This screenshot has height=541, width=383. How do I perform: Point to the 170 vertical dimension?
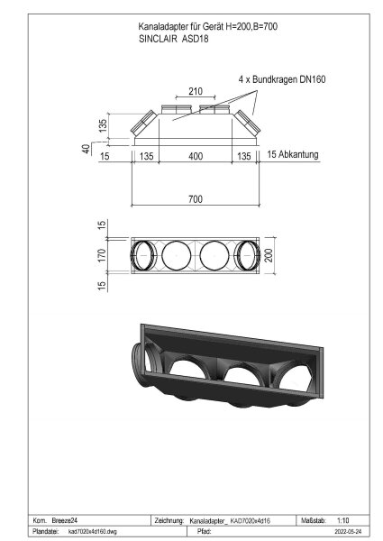[x=103, y=255]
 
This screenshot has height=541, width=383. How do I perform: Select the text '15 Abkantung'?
[x=293, y=156]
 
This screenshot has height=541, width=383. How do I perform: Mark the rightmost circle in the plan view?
[x=250, y=254]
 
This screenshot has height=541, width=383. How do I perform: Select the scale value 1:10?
[x=342, y=521]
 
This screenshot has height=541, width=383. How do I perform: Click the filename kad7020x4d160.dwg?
[x=94, y=533]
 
